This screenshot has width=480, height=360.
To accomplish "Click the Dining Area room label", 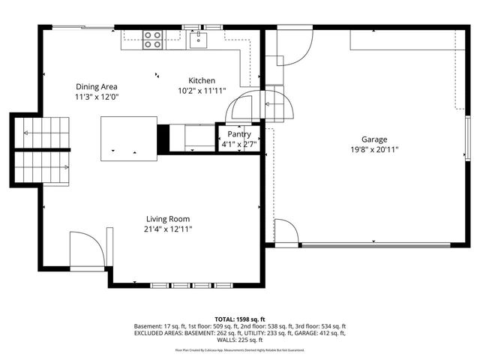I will click(x=96, y=87).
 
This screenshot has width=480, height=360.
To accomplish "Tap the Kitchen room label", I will click(x=202, y=81).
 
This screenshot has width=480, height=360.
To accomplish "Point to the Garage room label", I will click(x=374, y=139).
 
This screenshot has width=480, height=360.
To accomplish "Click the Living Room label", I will click(x=169, y=219).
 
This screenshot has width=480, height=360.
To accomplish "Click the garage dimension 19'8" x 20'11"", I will click(x=374, y=150).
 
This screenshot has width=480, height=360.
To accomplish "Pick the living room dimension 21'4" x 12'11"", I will click(x=169, y=229).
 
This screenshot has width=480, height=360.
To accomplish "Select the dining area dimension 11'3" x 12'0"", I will click(x=96, y=97).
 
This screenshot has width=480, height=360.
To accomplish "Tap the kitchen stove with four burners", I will click(x=153, y=39).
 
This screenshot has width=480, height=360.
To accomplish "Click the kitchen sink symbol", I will click(x=199, y=38).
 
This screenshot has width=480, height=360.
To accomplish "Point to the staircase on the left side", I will click(x=42, y=150).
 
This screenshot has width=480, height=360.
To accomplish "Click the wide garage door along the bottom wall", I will click(x=375, y=244).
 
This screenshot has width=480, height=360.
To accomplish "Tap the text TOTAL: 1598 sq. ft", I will click(x=240, y=319).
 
